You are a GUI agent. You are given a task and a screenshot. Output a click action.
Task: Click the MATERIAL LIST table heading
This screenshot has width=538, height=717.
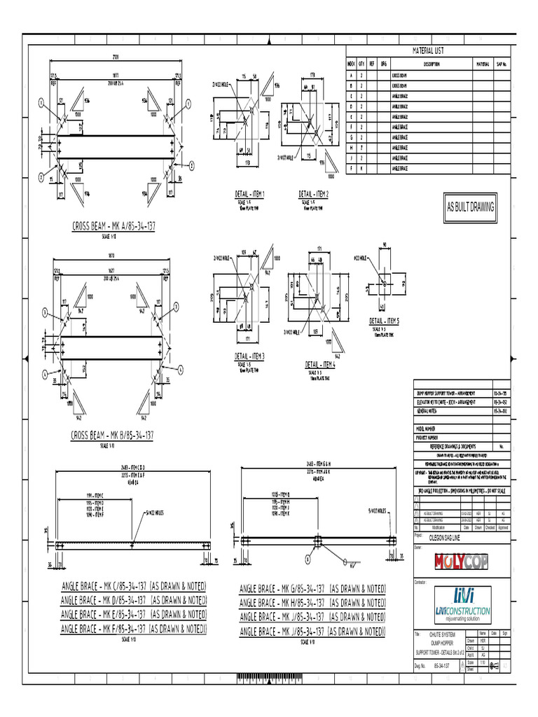427,51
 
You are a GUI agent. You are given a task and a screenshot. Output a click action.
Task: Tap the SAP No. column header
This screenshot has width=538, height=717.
501,63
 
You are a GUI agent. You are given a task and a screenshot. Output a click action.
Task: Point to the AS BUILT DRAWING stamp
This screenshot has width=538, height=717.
471,207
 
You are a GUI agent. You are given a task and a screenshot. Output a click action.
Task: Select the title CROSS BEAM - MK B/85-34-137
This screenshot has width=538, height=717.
118,436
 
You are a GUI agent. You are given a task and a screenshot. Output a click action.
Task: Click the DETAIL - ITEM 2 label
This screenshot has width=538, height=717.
314,194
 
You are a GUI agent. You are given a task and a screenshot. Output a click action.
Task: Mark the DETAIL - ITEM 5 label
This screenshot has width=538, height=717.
385,321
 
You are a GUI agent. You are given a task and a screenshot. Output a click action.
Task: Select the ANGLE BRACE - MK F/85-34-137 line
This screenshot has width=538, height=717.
134,629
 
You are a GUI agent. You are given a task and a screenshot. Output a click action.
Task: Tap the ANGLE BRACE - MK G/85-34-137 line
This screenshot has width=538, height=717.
312,588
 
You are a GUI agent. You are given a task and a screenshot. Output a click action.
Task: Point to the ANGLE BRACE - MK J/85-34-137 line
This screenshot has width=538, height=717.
312,618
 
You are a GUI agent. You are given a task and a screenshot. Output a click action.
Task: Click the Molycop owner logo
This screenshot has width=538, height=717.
462,562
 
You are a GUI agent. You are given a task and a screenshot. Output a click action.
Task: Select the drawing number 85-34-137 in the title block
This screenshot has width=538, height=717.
443,667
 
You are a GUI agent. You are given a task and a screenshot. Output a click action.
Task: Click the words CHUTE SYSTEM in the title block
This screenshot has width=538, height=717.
439,634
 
